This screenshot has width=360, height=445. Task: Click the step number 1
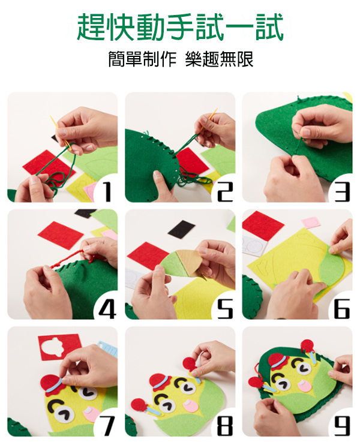[107, 192]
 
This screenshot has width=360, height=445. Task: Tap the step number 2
[225, 192]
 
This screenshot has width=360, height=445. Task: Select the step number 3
[342, 192]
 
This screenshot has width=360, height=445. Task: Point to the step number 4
[107, 309]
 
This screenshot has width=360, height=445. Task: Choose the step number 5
[225, 309]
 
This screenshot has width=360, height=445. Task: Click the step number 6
[342, 309]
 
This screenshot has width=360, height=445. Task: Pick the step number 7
[107, 426]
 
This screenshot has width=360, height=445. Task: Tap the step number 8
[225, 426]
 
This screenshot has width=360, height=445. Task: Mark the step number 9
[342, 426]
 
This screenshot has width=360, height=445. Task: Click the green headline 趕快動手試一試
[180, 27]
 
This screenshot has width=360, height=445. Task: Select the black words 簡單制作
[143, 59]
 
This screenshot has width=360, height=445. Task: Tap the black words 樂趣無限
[219, 59]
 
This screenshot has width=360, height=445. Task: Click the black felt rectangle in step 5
[182, 229]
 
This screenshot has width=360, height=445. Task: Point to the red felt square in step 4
[61, 235]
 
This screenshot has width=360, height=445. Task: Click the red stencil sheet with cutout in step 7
[60, 347]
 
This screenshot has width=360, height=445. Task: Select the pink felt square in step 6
[311, 222]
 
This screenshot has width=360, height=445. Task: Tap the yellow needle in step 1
[61, 131]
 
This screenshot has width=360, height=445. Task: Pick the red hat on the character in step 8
[160, 381]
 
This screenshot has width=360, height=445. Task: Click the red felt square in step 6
[262, 225]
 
